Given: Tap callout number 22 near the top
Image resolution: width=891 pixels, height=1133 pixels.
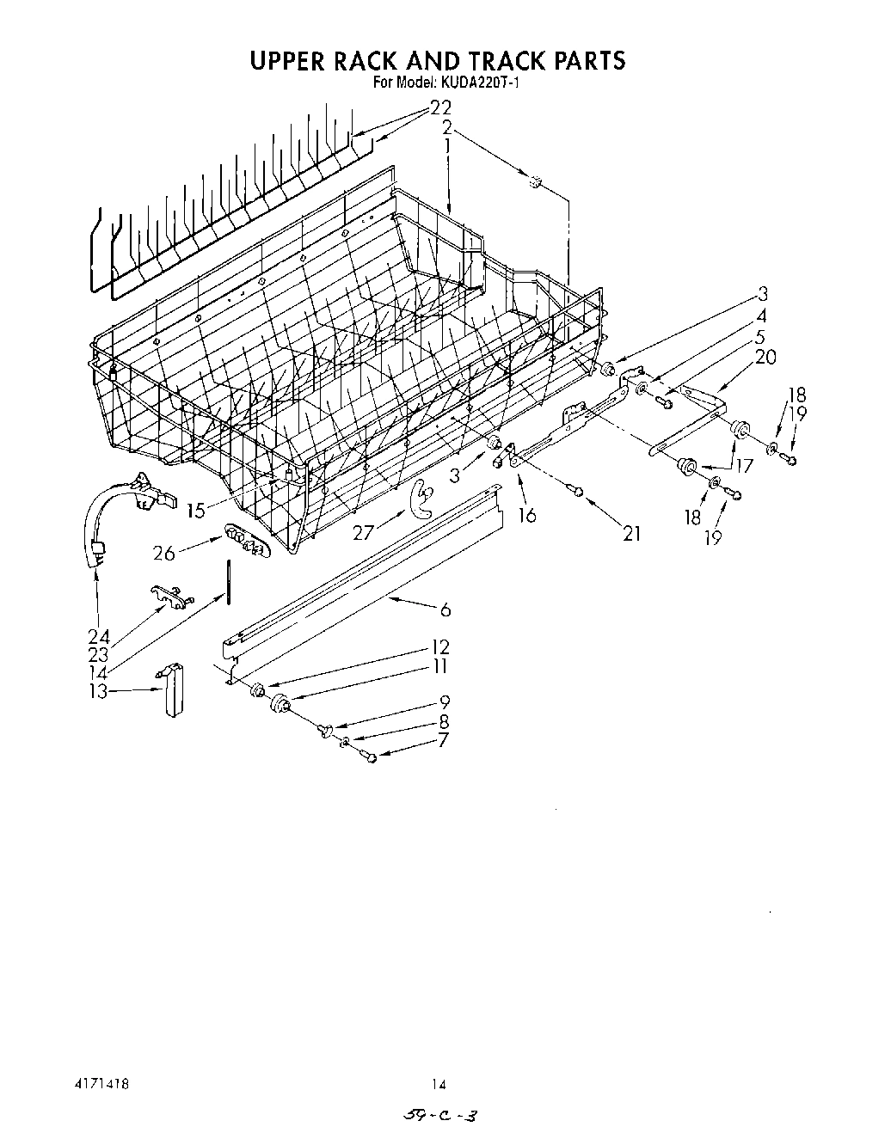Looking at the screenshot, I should pos(439,108).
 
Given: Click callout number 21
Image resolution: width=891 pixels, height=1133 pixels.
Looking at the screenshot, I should pos(632,533).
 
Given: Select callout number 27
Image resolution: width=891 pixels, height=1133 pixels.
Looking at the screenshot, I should pos(364,532).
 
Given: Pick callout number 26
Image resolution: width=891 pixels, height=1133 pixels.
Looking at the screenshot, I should pos(163,552).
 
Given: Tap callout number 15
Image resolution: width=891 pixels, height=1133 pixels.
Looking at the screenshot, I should pos(196,510).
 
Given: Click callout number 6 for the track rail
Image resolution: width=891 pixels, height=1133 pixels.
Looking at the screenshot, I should pos(445,609).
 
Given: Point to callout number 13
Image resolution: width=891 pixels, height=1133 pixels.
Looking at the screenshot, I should pos(101,692).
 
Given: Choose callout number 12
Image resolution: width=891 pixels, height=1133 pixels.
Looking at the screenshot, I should pos(440,647).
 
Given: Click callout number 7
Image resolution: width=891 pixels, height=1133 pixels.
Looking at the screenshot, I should pos(442,740).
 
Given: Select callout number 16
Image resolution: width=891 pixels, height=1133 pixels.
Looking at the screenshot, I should pos(526,514).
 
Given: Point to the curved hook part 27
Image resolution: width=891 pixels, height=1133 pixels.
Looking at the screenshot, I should pos(421,499).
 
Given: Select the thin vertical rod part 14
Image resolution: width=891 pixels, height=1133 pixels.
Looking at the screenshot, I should pos(229,582).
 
